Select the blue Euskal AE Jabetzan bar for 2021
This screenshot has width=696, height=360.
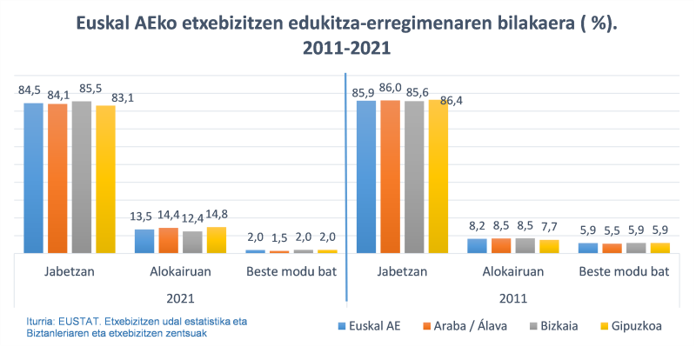(33, 177)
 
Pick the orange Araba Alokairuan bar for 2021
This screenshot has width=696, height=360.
(168, 240)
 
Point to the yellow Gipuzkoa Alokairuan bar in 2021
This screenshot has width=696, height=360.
(217, 239)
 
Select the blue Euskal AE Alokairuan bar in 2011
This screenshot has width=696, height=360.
(477, 245)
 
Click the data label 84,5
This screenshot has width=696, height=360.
(30, 90)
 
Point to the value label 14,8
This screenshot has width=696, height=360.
(217, 215)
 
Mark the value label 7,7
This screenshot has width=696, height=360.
(549, 227)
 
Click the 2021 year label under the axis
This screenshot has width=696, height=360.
(180, 297)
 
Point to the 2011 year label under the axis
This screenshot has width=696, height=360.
(512, 297)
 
